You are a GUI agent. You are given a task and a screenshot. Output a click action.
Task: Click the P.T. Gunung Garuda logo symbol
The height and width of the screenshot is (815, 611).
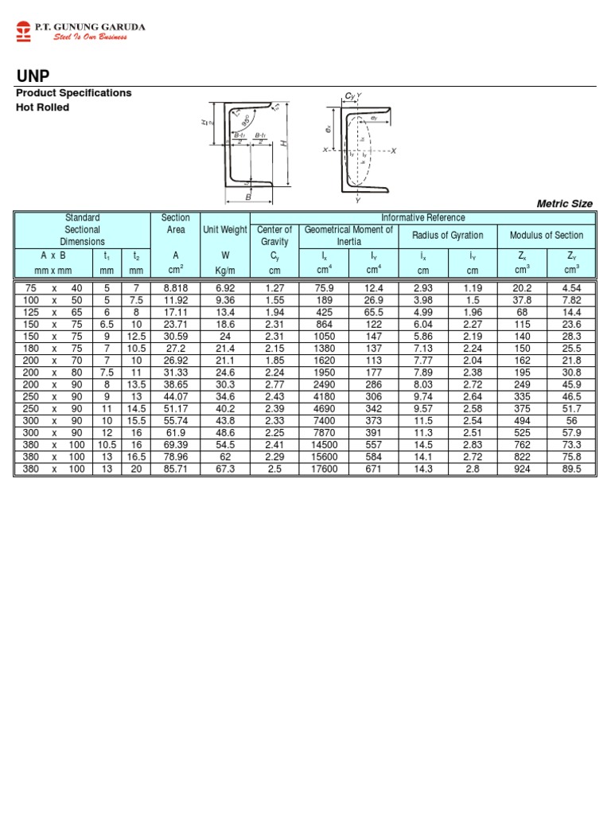coord(24,31)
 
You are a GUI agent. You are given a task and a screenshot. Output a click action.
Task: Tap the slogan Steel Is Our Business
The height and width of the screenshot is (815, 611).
coord(90,37)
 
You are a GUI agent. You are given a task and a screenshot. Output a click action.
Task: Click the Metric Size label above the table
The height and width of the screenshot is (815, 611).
coord(565,204)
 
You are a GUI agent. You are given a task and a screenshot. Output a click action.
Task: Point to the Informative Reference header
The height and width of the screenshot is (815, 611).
coord(422,217)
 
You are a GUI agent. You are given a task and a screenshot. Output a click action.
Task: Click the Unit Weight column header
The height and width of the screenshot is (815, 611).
coord(225,230)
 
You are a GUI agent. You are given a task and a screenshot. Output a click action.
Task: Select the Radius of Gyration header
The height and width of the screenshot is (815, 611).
coord(447,235)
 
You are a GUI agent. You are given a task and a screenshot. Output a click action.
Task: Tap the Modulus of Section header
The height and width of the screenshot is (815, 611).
coord(547,235)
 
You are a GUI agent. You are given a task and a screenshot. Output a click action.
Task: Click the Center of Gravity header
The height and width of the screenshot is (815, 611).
coord(274,235)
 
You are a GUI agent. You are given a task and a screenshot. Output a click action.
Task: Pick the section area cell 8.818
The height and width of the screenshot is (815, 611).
coord(176,287)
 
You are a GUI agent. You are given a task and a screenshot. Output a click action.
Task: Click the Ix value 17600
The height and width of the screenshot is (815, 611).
coord(324,469)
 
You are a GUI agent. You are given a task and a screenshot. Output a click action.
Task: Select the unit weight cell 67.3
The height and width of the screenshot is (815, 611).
coord(225,469)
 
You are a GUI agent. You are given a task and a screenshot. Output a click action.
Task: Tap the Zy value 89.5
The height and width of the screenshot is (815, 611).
coord(571,469)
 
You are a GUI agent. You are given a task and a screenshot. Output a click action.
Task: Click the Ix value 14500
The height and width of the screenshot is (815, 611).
coord(324,445)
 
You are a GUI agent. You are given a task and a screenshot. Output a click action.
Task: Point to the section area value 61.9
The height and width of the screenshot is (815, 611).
coord(176,433)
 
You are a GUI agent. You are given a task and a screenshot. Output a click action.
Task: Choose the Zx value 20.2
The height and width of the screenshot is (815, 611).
coord(522,287)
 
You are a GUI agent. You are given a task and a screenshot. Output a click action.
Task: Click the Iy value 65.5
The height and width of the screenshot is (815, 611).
coord(373,311)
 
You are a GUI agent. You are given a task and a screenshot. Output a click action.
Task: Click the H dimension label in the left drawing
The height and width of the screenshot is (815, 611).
coord(283,142)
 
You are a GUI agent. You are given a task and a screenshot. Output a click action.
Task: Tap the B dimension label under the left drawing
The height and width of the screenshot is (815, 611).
coord(247,196)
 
